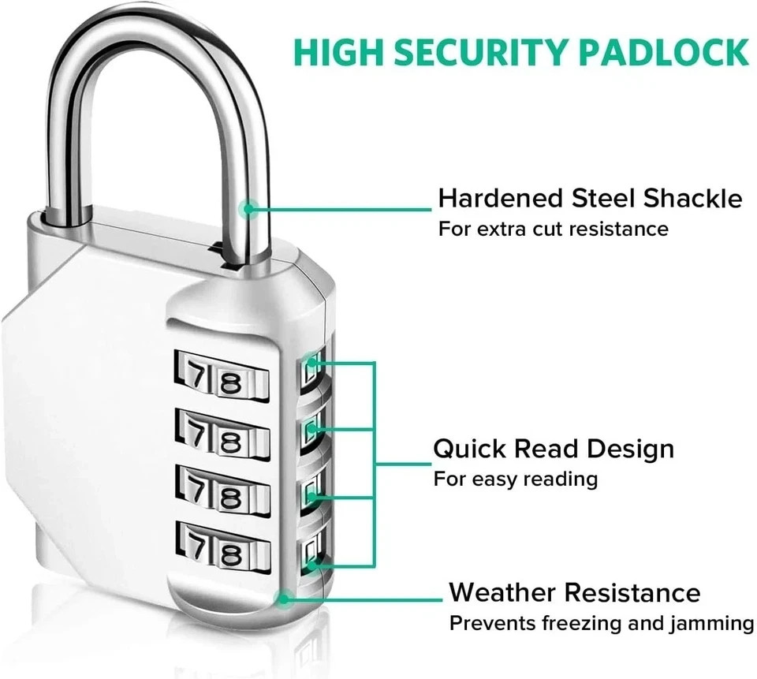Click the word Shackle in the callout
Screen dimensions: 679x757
point(692,198)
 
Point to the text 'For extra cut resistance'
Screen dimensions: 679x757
point(553,229)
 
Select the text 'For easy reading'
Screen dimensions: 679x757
point(515,479)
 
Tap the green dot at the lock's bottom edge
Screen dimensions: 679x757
point(284,598)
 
